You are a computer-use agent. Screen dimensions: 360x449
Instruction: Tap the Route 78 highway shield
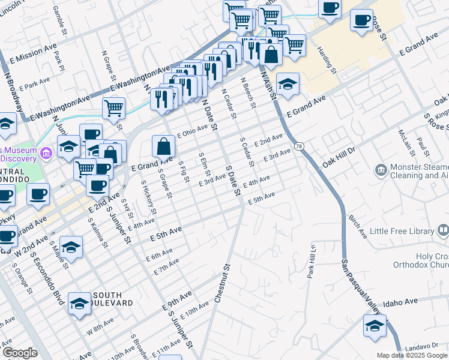(299, 146)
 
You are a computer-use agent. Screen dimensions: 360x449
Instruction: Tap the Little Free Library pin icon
(443, 230)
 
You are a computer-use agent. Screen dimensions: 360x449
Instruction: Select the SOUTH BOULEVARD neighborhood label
(107, 299)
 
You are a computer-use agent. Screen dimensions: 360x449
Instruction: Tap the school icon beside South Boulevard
(79, 302)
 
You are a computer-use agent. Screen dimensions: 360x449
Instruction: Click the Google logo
(19, 353)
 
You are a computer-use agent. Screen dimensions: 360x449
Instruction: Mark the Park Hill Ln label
(312, 260)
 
